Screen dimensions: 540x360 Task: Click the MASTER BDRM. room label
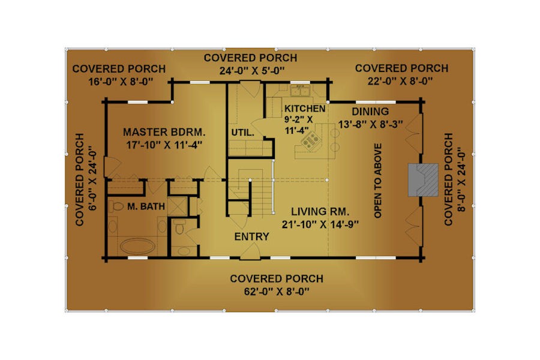[164, 132]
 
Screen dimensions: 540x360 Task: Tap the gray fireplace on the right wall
[423, 180]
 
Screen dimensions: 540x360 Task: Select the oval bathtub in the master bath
[137, 247]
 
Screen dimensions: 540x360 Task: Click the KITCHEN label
[305, 109]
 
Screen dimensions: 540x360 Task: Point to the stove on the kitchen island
[310, 141]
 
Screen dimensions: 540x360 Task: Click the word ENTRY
[252, 236]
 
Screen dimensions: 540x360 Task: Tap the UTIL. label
[243, 133]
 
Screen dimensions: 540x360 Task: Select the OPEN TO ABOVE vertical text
[378, 181]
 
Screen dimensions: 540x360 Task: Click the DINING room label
[370, 111]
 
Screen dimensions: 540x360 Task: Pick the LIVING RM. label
[320, 211]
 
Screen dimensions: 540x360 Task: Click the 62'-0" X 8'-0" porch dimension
[277, 292]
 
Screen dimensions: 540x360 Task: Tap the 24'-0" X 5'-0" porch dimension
[252, 71]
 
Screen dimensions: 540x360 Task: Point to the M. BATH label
[146, 206]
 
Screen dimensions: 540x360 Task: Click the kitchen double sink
[300, 91]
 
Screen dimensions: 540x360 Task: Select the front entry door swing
[250, 251]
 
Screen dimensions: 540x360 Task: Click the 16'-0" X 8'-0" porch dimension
[121, 82]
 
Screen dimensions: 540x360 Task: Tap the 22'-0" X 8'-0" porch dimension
[400, 82]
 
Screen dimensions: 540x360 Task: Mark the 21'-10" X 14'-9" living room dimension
[320, 224]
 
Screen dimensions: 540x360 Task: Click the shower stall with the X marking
[178, 206]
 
